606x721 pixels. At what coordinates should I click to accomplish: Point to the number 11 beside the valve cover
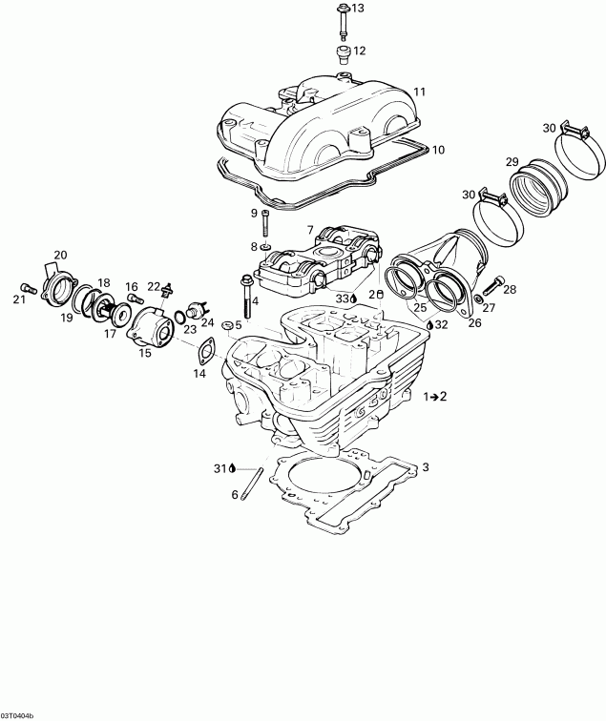[418, 92]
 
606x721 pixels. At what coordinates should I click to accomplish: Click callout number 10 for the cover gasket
[438, 150]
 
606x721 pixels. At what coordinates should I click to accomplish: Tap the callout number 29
[512, 160]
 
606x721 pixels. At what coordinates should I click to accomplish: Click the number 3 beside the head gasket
[426, 467]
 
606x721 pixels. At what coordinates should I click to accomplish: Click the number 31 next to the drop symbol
[219, 467]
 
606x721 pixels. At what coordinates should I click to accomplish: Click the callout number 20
[60, 255]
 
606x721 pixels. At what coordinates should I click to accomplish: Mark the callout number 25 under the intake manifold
[419, 307]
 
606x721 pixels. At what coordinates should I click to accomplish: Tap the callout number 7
[309, 229]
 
